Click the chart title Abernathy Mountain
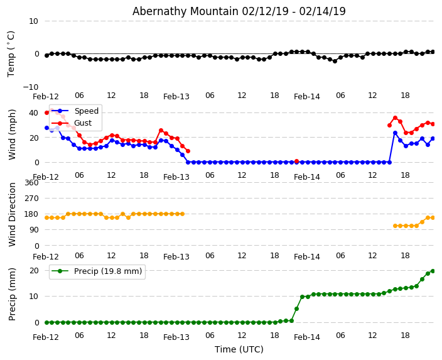(239, 11)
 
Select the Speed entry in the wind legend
(86, 111)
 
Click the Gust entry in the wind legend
(84, 123)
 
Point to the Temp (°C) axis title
(11, 53)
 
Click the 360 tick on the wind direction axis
(31, 183)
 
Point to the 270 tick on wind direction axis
(31, 199)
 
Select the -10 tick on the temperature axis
(30, 87)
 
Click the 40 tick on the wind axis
(33, 112)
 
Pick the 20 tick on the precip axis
(33, 270)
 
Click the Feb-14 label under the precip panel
(307, 337)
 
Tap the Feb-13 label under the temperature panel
(176, 97)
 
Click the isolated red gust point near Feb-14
(296, 161)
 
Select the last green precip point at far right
(433, 271)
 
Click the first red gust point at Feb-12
(46, 112)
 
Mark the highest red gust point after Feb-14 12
(395, 117)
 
